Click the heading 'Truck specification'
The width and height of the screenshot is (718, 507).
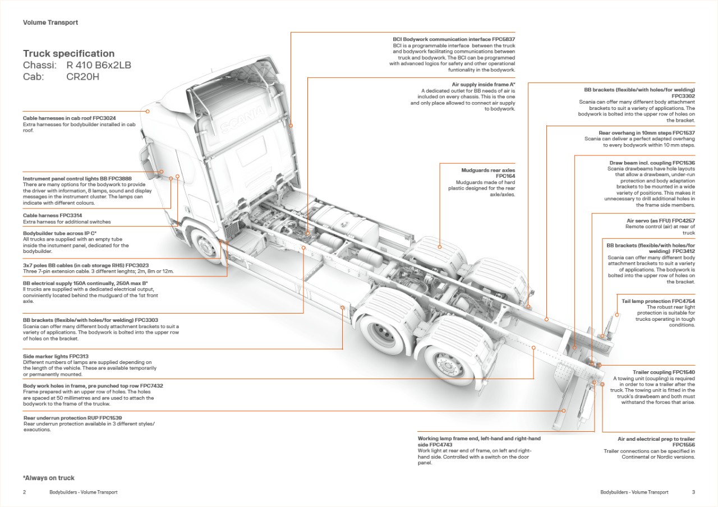click(68, 54)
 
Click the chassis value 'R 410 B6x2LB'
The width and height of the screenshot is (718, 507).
click(98, 65)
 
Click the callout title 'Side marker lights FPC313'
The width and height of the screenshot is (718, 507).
click(56, 356)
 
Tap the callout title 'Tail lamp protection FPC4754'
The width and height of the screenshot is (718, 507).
click(658, 301)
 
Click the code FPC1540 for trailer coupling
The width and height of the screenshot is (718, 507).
click(684, 372)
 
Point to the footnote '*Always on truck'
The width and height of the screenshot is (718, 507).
click(49, 478)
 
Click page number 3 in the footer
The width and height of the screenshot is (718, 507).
click(693, 492)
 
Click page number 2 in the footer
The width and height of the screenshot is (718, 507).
click(25, 492)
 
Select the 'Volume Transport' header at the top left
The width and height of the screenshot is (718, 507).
click(50, 22)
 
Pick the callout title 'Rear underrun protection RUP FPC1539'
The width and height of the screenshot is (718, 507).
click(72, 418)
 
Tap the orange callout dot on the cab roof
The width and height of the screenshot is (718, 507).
click(148, 111)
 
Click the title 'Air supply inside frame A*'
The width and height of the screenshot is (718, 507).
click(483, 85)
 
